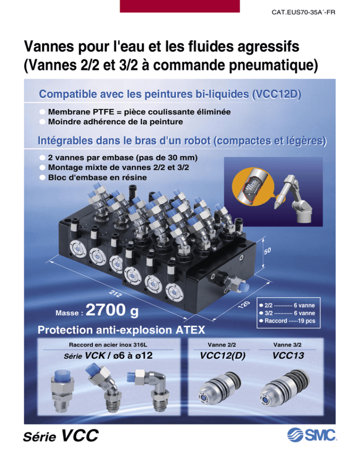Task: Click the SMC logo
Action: pos(312,435)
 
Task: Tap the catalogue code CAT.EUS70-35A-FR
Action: pos(303,13)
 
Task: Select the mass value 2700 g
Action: pos(112,310)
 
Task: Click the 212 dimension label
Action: pos(115,293)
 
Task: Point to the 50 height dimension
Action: pos(268,251)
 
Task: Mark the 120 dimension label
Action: pos(244,305)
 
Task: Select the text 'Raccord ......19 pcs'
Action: pos(290,321)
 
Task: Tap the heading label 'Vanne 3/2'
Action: pos(287,345)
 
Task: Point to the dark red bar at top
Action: pos(180,6)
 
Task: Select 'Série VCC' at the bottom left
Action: pos(61,436)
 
